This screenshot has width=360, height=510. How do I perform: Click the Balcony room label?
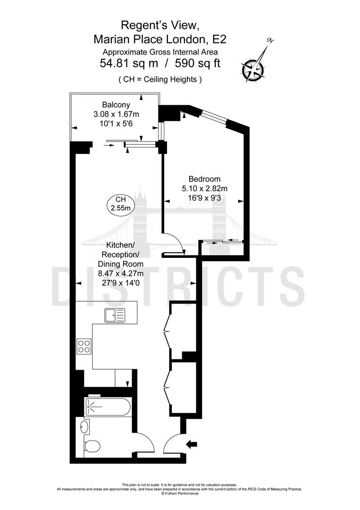116,105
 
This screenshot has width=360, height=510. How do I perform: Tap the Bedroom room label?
204,179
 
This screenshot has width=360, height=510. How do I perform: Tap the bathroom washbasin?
84,428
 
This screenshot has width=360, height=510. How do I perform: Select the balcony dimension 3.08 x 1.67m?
116,114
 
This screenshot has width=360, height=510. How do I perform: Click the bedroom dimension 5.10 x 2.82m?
204,188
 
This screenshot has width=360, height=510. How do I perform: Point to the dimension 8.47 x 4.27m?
120,273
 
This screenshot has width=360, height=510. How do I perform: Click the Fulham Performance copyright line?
180,494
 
